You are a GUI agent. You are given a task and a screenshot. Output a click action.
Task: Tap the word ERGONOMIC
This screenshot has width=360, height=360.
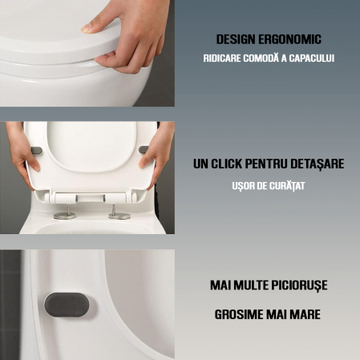[x=296, y=38]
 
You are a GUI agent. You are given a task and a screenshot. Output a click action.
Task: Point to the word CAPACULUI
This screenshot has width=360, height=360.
[x=309, y=59]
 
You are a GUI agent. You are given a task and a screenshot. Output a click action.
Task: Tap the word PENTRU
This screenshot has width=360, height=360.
[x=273, y=164]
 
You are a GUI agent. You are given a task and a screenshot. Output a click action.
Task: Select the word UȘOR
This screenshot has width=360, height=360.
[x=245, y=185]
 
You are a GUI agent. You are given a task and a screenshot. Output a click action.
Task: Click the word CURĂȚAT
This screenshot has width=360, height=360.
[x=287, y=185]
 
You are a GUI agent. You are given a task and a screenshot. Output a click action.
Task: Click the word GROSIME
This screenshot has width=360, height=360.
[x=242, y=314]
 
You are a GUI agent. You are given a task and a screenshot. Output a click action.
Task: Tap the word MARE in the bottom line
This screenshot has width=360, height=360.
[x=305, y=314]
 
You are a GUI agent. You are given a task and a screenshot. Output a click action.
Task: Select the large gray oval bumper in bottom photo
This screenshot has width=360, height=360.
[x=67, y=305]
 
